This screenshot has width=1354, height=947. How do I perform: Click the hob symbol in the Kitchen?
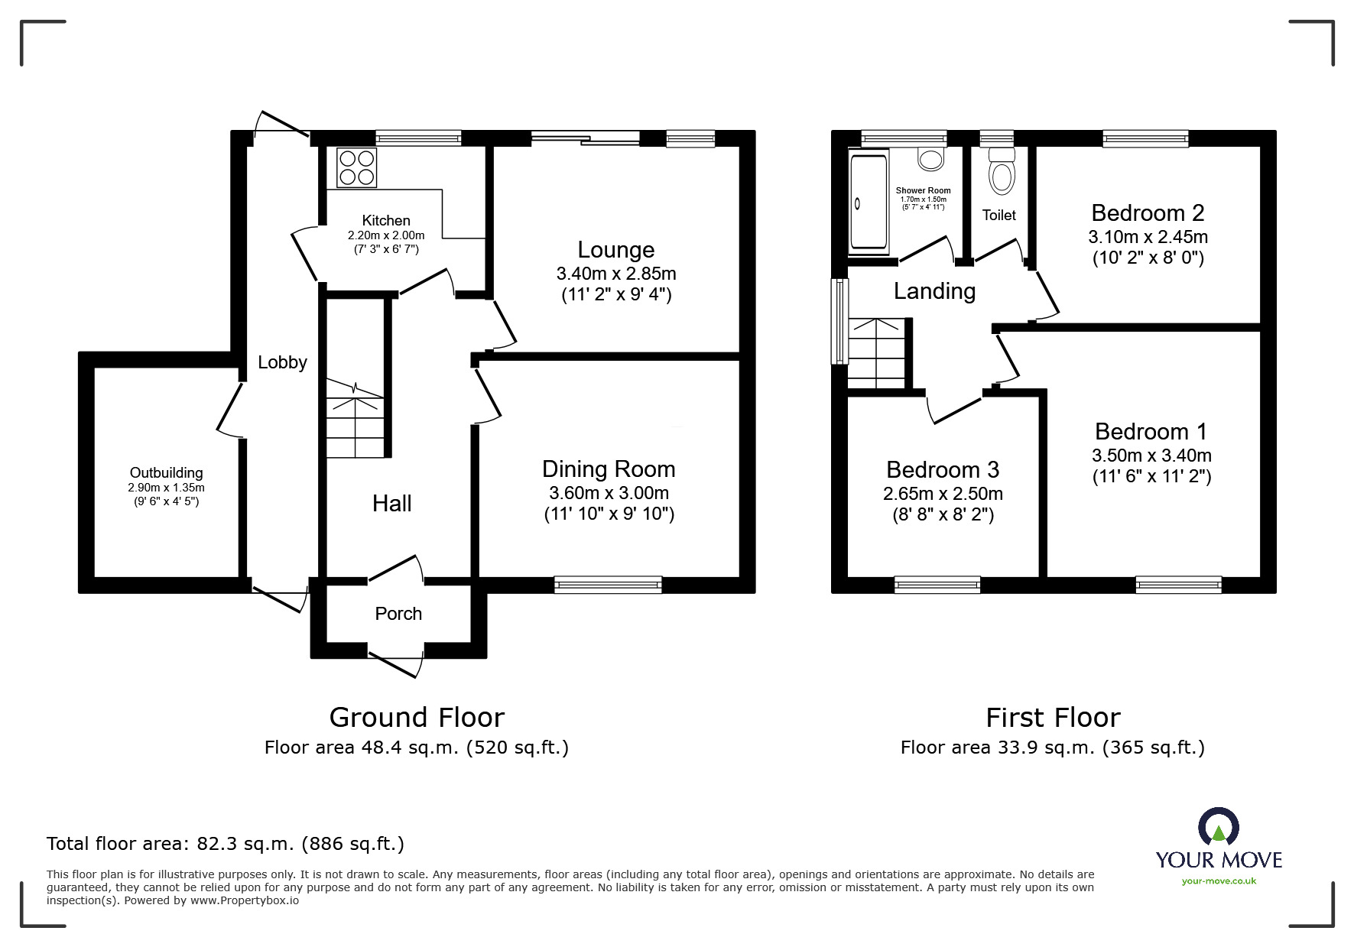click(357, 167)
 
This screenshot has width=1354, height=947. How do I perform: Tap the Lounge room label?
click(615, 250)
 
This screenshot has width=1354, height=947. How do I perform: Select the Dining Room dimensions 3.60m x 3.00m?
click(609, 493)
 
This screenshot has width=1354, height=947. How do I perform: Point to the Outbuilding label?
click(166, 473)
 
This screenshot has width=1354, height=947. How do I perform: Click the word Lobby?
click(282, 362)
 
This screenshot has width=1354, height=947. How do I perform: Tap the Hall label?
click(391, 503)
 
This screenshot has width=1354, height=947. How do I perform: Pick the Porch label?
click(398, 614)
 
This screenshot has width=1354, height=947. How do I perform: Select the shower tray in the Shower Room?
click(869, 203)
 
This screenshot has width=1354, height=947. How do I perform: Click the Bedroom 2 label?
click(1148, 212)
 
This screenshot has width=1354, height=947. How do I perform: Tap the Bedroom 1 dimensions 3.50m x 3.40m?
click(1151, 456)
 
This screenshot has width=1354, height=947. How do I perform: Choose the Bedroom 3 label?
click(943, 469)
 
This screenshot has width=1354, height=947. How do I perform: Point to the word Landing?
click(934, 291)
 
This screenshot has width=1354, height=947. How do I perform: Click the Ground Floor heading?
click(417, 718)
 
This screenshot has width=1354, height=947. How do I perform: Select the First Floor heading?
click(1053, 718)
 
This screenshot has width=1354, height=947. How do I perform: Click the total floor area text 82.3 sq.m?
click(226, 844)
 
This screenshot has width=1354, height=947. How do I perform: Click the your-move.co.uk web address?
click(1219, 881)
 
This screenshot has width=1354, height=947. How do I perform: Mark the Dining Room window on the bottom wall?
click(608, 585)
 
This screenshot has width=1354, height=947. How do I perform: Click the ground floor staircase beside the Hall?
click(356, 420)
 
